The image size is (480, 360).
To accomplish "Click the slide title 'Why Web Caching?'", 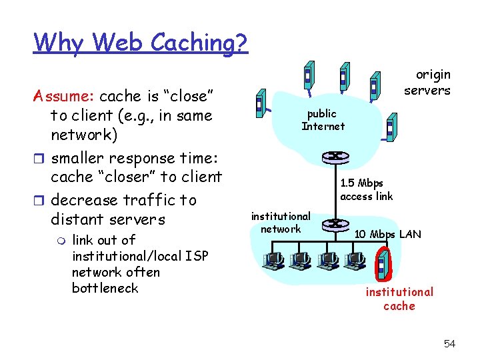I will tap(141, 42).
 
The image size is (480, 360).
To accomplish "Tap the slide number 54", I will tap(449, 343).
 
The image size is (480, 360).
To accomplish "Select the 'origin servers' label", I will tap(427, 83).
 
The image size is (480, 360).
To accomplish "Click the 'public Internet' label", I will tap(323, 120).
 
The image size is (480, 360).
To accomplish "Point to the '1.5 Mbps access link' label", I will tap(366, 189).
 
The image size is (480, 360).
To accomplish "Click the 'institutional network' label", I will tap(280, 223).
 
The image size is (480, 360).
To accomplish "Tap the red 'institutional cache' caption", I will tap(399, 299).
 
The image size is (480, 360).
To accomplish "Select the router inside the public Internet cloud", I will tap(331, 158).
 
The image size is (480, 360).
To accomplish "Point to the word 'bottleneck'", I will tap(105, 288).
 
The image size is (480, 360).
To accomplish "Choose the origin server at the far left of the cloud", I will tap(261, 104).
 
